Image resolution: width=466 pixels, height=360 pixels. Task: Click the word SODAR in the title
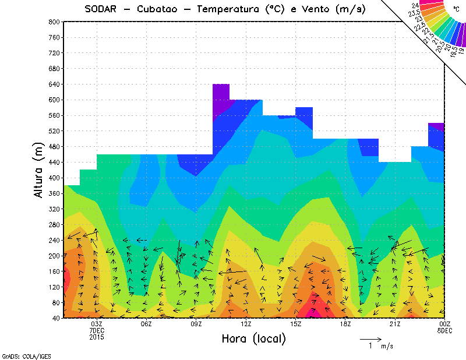(x=100, y=9)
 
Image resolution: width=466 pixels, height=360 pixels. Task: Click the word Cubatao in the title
(x=160, y=9)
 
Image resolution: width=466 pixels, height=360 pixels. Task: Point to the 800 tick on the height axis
(x=54, y=22)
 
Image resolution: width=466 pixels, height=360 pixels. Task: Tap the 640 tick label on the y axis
(x=54, y=84)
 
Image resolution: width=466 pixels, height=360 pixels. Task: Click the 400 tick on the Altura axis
(x=54, y=178)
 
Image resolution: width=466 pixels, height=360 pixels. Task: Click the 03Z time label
(x=97, y=324)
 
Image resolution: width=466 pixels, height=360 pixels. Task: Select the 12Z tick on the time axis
(x=246, y=324)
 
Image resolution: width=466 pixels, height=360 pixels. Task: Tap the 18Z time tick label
(x=345, y=324)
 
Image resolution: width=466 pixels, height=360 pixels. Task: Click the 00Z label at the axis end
(x=445, y=324)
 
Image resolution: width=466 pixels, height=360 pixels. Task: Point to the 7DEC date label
(x=97, y=330)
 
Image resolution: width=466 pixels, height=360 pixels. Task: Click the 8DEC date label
(x=445, y=330)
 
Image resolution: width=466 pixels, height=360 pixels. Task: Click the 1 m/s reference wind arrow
(x=370, y=338)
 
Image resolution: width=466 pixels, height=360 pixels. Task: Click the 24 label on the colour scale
(x=415, y=5)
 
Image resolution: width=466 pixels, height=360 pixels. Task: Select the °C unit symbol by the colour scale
(x=457, y=9)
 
